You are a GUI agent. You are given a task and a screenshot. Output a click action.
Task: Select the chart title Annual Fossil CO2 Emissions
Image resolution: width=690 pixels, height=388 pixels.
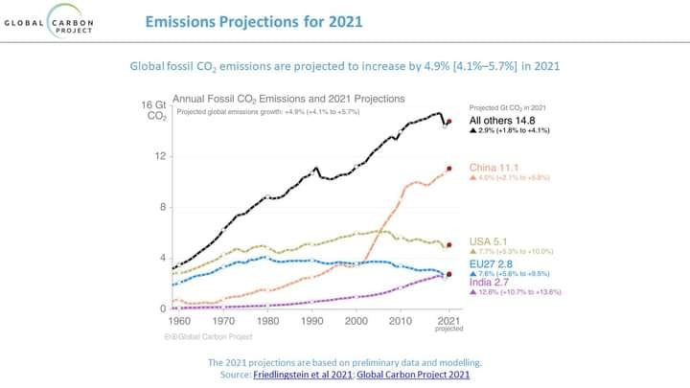[287, 98]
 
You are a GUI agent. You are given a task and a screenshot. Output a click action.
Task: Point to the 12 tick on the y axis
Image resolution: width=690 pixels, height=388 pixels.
[161, 156]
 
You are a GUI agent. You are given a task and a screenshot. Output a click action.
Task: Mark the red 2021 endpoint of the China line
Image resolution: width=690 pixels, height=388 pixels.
[448, 170]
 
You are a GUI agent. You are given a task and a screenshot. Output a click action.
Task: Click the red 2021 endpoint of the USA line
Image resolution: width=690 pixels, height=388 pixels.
[448, 245]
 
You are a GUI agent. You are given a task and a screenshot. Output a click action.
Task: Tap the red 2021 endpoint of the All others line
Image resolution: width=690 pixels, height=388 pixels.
[448, 121]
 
